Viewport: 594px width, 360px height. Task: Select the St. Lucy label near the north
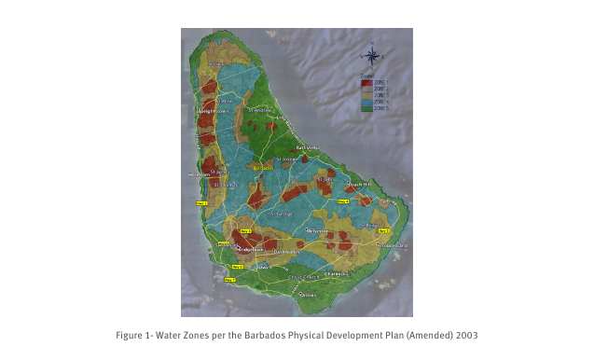pyautogui.click(x=215, y=64)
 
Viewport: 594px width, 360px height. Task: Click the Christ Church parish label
pyautogui.click(x=307, y=277)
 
